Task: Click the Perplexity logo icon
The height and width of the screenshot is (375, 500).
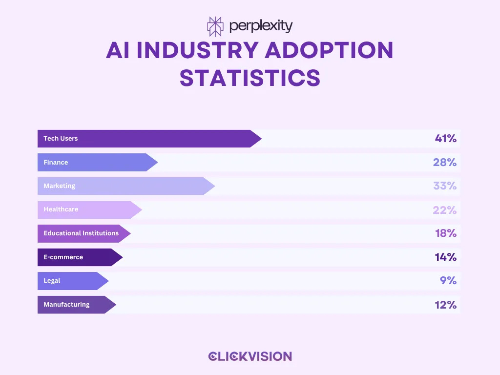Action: pyautogui.click(x=215, y=26)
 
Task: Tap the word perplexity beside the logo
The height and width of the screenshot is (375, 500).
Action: pyautogui.click(x=260, y=26)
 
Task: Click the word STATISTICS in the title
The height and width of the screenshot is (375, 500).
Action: pyautogui.click(x=250, y=78)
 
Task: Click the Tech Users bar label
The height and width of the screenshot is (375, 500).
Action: pyautogui.click(x=61, y=139)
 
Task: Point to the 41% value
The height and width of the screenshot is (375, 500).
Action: pyautogui.click(x=445, y=139)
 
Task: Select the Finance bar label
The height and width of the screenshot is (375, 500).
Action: pyautogui.click(x=56, y=162)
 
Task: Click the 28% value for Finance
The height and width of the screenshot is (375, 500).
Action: pyautogui.click(x=444, y=162)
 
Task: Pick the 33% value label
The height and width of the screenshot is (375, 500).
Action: pyautogui.click(x=444, y=186)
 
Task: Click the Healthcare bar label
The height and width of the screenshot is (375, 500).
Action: pyautogui.click(x=61, y=209)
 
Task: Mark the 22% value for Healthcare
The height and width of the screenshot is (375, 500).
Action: pyautogui.click(x=444, y=210)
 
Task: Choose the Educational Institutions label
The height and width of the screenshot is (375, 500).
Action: pyautogui.click(x=81, y=233)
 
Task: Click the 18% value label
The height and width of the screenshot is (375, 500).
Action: pyautogui.click(x=445, y=233)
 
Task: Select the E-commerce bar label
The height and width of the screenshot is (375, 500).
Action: pyautogui.click(x=63, y=257)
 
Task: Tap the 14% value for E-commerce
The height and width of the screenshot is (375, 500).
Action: pyautogui.click(x=445, y=257)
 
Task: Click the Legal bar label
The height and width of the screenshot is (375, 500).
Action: pyautogui.click(x=52, y=281)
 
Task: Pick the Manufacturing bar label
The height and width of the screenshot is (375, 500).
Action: pyautogui.click(x=66, y=305)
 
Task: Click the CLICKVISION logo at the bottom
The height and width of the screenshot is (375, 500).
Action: pyautogui.click(x=250, y=356)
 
